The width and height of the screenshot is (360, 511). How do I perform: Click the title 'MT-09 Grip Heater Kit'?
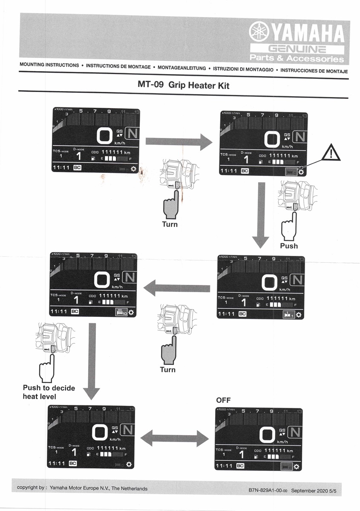point(183,85)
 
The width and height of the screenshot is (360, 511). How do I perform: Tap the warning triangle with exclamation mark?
point(331,152)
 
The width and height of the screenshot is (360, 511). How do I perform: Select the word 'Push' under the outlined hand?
point(289,246)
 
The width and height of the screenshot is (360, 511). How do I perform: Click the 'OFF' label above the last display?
point(223,400)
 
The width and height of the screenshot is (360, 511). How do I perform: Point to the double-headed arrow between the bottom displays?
point(175,438)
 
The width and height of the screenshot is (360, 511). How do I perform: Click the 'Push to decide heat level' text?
point(49,392)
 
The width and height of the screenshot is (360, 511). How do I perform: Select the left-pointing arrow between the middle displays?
point(176,288)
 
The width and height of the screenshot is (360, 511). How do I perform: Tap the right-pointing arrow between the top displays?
point(179,141)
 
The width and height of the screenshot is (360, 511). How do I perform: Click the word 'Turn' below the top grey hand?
point(170,224)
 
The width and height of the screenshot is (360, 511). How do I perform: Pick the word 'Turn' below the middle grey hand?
point(167,370)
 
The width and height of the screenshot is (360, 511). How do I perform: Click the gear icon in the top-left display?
point(134,169)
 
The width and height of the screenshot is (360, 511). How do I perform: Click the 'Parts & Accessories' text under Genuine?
point(297,58)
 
